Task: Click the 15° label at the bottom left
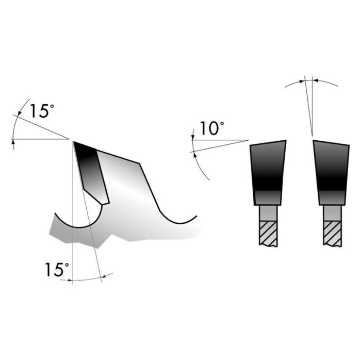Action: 56,269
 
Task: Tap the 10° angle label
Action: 210,129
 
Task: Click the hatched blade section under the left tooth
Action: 268,233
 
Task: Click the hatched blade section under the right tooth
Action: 331,233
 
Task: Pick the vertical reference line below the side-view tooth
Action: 73,258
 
